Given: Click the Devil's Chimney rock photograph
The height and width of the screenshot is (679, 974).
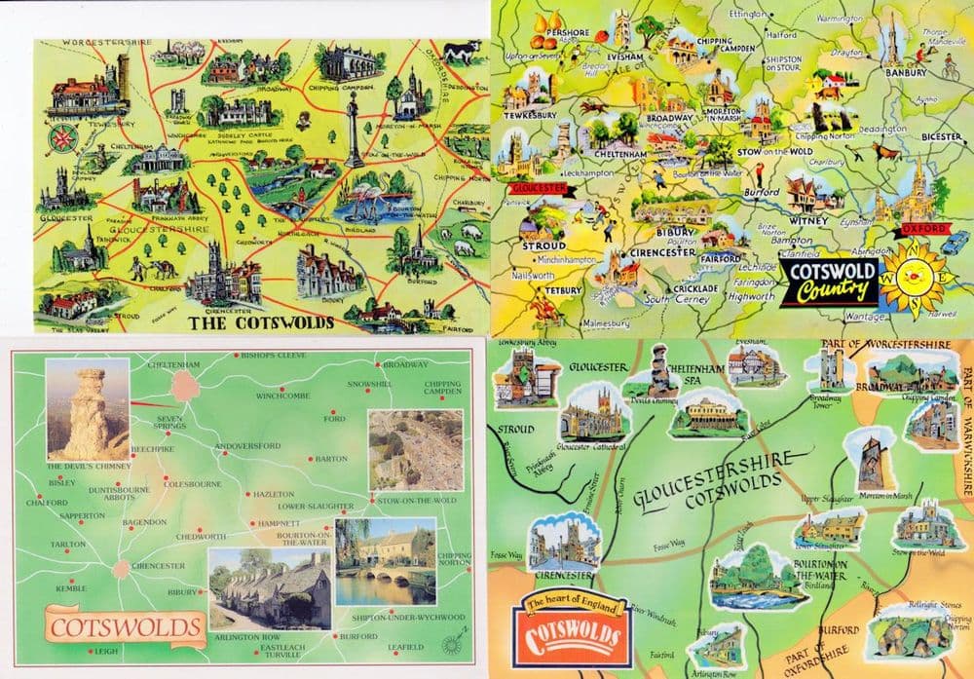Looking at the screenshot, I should pyautogui.click(x=88, y=409).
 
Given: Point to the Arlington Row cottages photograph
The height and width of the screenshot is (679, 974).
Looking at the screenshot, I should pyautogui.click(x=270, y=588).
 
